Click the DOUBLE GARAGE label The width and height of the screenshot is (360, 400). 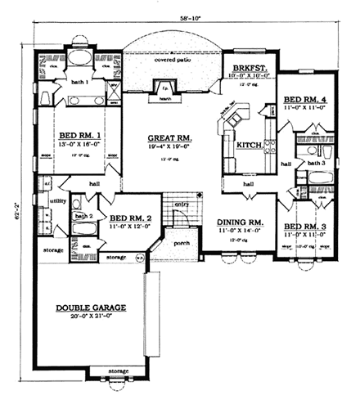[91, 308]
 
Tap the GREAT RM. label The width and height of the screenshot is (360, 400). [169, 138]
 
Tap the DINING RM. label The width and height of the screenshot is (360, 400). [240, 222]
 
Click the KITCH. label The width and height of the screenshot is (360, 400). [249, 145]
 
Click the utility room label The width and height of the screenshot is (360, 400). [57, 200]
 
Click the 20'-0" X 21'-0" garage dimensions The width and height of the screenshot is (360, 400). [91, 317]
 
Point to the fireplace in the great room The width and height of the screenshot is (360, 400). [164, 88]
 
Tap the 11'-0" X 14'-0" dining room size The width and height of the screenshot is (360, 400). [240, 232]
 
